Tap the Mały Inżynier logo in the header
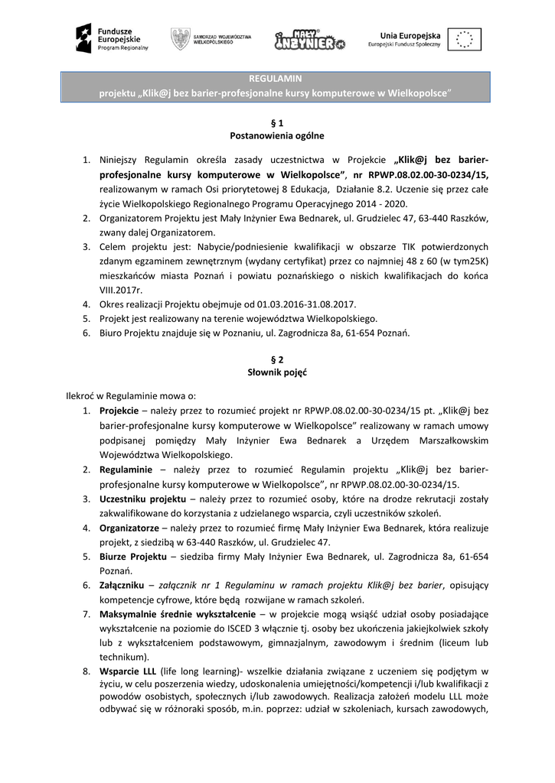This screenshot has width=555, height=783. click(x=309, y=39)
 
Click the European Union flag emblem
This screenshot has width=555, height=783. click(x=464, y=38)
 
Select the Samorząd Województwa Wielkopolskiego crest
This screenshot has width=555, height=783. click(x=181, y=38)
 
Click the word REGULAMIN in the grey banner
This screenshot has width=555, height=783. click(x=276, y=79)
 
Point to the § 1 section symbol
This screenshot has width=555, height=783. click(x=276, y=122)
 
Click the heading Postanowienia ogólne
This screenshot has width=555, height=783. click(x=276, y=136)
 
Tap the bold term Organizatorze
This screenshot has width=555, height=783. click(x=129, y=528)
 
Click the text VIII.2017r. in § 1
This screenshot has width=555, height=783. click(x=121, y=290)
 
